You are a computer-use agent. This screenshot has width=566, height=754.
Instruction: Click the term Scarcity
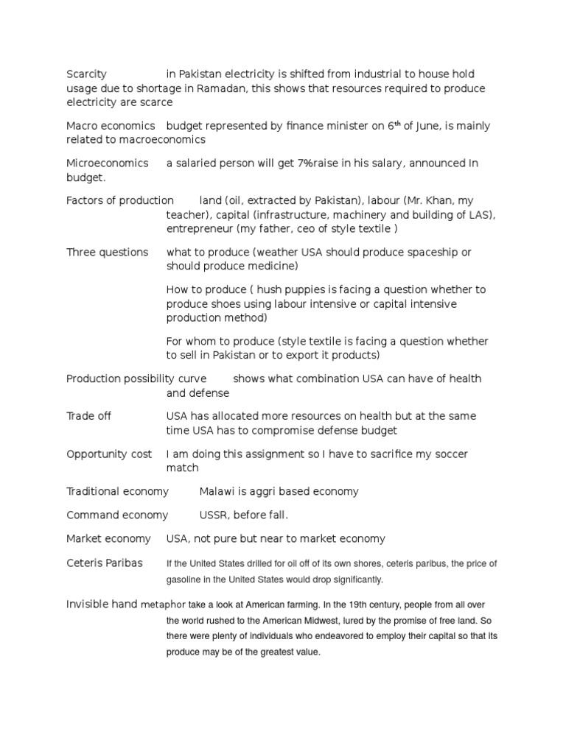coord(86,74)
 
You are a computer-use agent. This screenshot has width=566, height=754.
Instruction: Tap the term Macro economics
coord(111,126)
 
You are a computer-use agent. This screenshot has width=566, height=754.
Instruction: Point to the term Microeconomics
coord(107,163)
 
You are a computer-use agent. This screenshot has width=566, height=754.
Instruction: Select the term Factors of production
coord(120,200)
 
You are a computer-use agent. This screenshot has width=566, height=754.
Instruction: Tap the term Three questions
coord(107,253)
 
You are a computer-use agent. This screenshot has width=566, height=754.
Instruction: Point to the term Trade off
coord(88,416)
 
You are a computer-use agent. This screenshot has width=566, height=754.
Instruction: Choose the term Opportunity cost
coord(109,454)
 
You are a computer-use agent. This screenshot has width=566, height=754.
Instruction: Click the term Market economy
coord(108,539)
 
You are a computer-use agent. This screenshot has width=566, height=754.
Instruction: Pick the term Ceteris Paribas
coord(105,563)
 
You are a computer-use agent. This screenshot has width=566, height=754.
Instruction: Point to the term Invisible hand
coord(102,604)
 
